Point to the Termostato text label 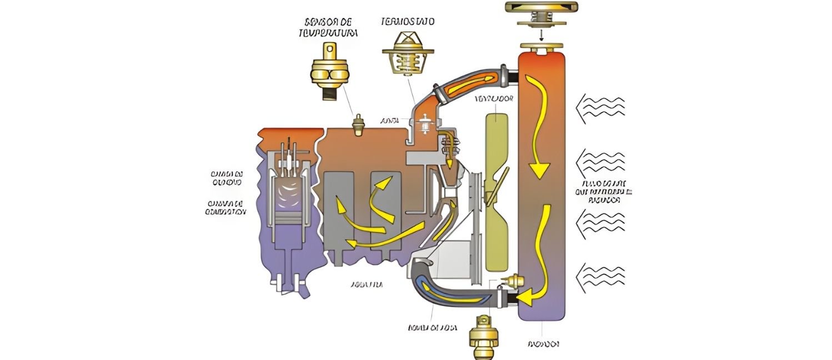tap(408, 22)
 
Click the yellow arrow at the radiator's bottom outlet tap(530, 297)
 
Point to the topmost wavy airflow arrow tap(602, 104)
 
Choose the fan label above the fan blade tap(494, 99)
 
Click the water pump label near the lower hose tap(433, 328)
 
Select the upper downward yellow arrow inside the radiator tap(539, 128)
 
